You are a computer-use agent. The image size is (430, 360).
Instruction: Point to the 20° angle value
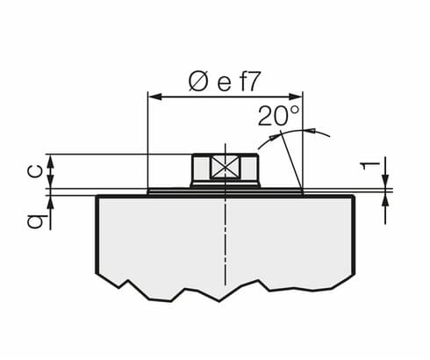(278, 115)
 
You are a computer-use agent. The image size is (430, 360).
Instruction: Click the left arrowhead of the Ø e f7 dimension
(154, 97)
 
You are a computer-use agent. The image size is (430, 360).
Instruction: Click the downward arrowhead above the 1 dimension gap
(385, 183)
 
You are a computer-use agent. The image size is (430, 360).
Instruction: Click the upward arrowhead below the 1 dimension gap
(385, 197)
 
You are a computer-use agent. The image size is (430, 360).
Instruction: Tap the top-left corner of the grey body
(97, 196)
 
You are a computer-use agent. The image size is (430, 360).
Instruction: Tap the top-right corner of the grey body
(354, 196)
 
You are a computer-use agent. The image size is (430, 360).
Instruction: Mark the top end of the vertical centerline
(225, 143)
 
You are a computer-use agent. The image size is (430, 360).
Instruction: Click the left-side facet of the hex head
(200, 168)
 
